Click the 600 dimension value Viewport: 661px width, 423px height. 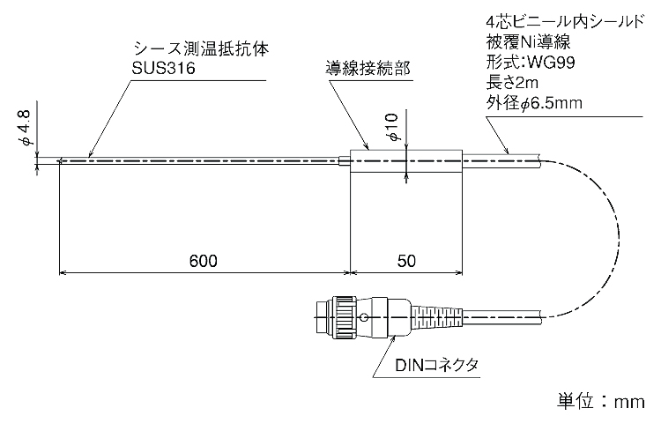click(204, 262)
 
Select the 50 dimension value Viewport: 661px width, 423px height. click(405, 262)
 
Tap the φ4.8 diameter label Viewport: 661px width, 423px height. click(26, 129)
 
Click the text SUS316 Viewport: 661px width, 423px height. click(163, 69)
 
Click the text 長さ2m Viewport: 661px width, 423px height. click(513, 85)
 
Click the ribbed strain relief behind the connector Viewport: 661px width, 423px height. click(435, 314)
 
